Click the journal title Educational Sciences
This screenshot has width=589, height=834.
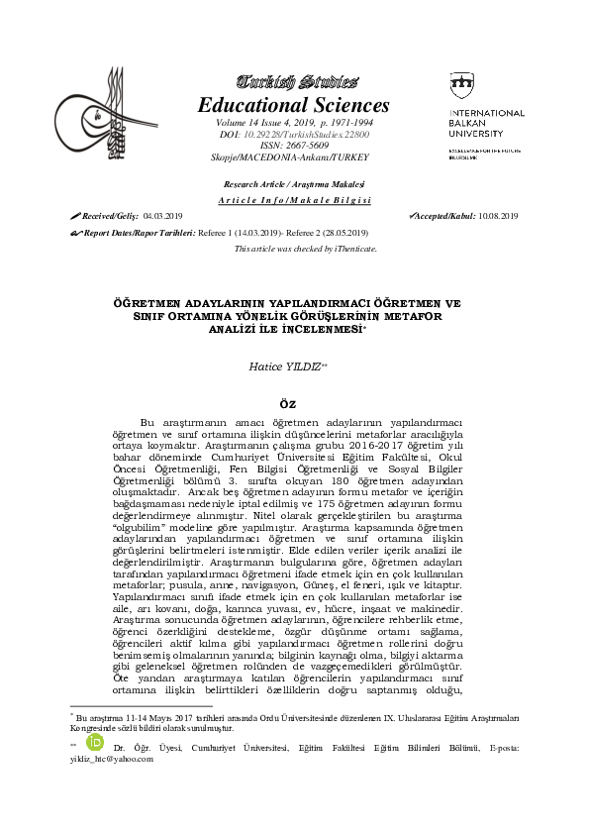[x=294, y=105]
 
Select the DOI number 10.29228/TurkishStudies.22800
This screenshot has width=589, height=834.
[x=306, y=133]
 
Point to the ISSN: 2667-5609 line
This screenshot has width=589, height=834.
[x=294, y=145]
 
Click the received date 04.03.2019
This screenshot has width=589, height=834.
[x=163, y=215]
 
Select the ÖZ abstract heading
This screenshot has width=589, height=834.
[x=294, y=402]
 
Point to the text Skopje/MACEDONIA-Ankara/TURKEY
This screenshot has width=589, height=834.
[x=294, y=156]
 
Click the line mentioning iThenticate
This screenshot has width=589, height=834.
[x=305, y=249]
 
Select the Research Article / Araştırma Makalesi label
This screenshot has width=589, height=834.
[x=294, y=185]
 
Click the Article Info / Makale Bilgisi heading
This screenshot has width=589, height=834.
[x=294, y=199]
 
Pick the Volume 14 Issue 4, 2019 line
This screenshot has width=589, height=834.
[x=294, y=121]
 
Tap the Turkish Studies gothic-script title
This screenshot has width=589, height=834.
[x=294, y=81]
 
